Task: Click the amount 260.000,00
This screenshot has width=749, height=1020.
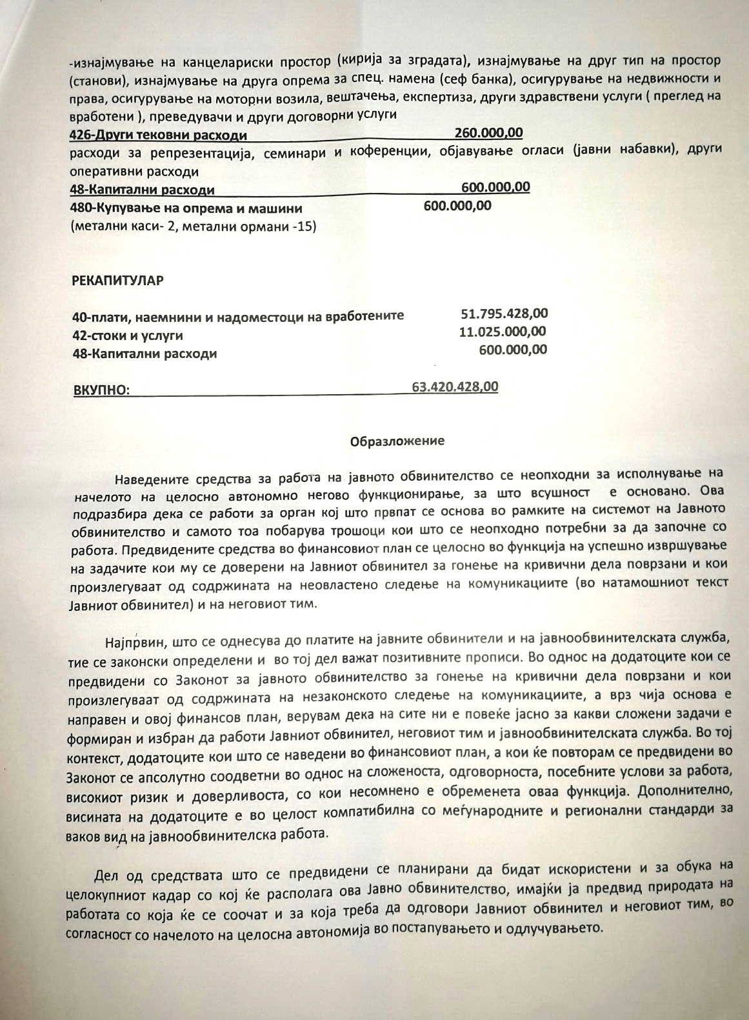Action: (488, 133)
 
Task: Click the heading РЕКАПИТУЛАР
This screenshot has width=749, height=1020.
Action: (118, 281)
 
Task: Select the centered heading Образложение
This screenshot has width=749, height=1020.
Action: (397, 441)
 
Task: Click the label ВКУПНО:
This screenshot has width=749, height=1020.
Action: (100, 390)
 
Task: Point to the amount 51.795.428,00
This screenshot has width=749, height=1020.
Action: (504, 314)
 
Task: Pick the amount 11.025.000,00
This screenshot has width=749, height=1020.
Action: (502, 332)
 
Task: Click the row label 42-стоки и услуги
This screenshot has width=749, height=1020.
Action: (128, 335)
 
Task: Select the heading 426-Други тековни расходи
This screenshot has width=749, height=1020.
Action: (158, 135)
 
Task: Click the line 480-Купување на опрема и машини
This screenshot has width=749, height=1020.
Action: (186, 208)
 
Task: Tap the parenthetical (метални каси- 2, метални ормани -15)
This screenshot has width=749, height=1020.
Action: (192, 226)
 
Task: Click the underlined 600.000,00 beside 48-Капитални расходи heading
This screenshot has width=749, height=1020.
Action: (495, 187)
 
